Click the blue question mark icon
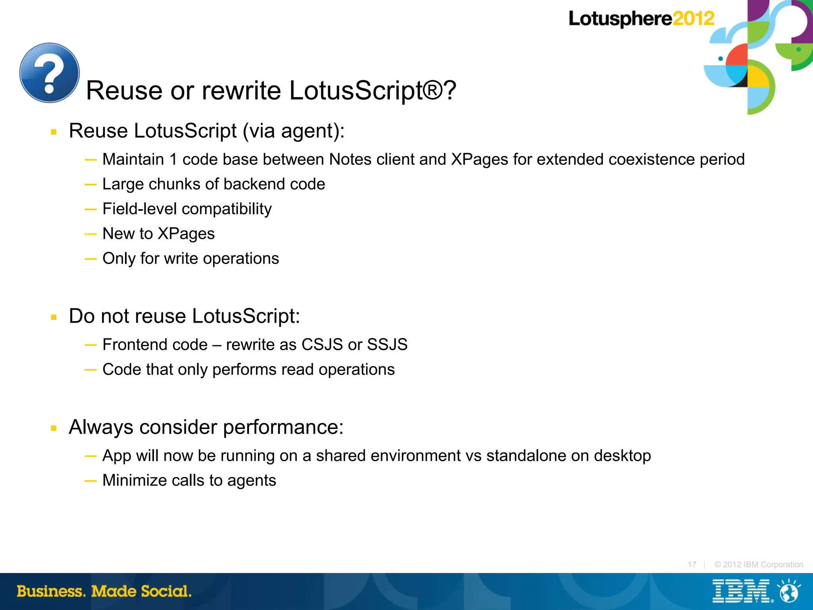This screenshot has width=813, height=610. pyautogui.click(x=50, y=73)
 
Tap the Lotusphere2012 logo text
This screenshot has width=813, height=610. pyautogui.click(x=641, y=19)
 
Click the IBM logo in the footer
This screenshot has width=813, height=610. pyautogui.click(x=741, y=591)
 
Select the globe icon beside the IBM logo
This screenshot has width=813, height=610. pyautogui.click(x=789, y=591)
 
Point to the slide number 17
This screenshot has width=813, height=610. pyautogui.click(x=692, y=564)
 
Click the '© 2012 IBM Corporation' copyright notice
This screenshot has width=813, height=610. pyautogui.click(x=759, y=564)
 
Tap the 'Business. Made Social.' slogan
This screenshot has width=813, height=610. pyautogui.click(x=104, y=591)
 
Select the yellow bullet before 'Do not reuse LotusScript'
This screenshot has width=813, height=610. pyautogui.click(x=54, y=317)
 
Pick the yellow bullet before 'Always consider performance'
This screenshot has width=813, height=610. pyautogui.click(x=54, y=428)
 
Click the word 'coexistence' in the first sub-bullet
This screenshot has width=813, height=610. pyautogui.click(x=651, y=160)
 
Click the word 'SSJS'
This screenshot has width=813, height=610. pyautogui.click(x=387, y=344)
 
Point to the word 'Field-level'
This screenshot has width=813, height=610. pyautogui.click(x=139, y=209)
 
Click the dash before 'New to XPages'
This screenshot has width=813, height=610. pyautogui.click(x=91, y=234)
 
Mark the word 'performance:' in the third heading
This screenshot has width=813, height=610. pyautogui.click(x=283, y=427)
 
